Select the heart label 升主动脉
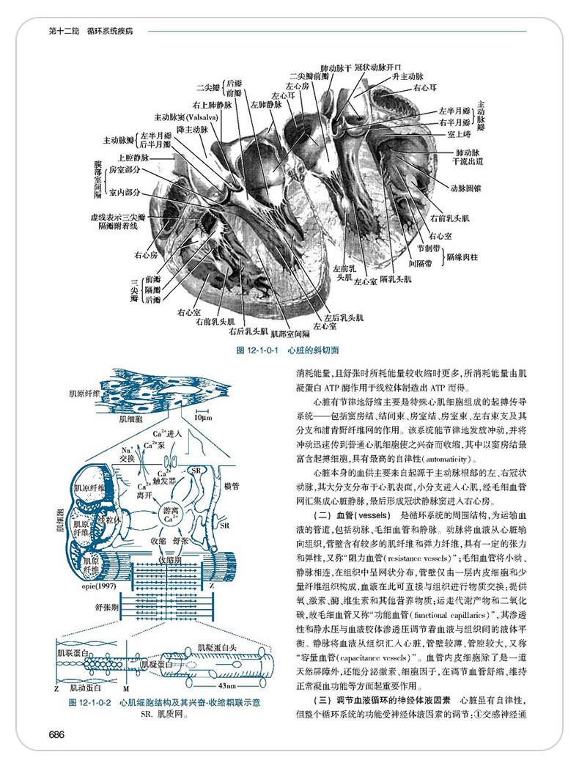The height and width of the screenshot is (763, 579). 407,76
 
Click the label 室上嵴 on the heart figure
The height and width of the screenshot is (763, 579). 459,134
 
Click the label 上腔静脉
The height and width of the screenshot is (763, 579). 133,157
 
